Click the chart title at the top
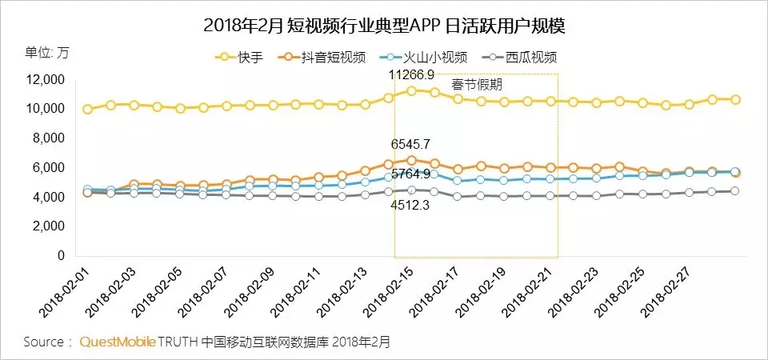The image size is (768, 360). coord(385,26)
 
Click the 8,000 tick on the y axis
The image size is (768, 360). coord(49,138)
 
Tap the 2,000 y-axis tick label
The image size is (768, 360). coord(49,226)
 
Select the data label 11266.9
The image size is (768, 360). coord(411,74)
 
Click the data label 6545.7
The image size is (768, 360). coord(411,145)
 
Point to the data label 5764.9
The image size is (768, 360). coord(411,174)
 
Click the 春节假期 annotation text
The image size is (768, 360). coord(478,84)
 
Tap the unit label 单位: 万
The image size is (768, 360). coord(47,53)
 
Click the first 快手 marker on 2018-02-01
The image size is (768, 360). coord(88,109)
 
